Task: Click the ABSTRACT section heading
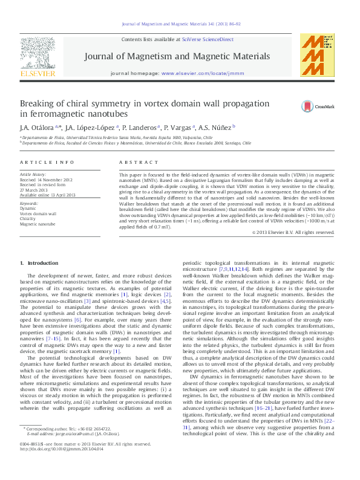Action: coord(134,163)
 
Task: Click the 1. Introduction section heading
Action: coord(40,263)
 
